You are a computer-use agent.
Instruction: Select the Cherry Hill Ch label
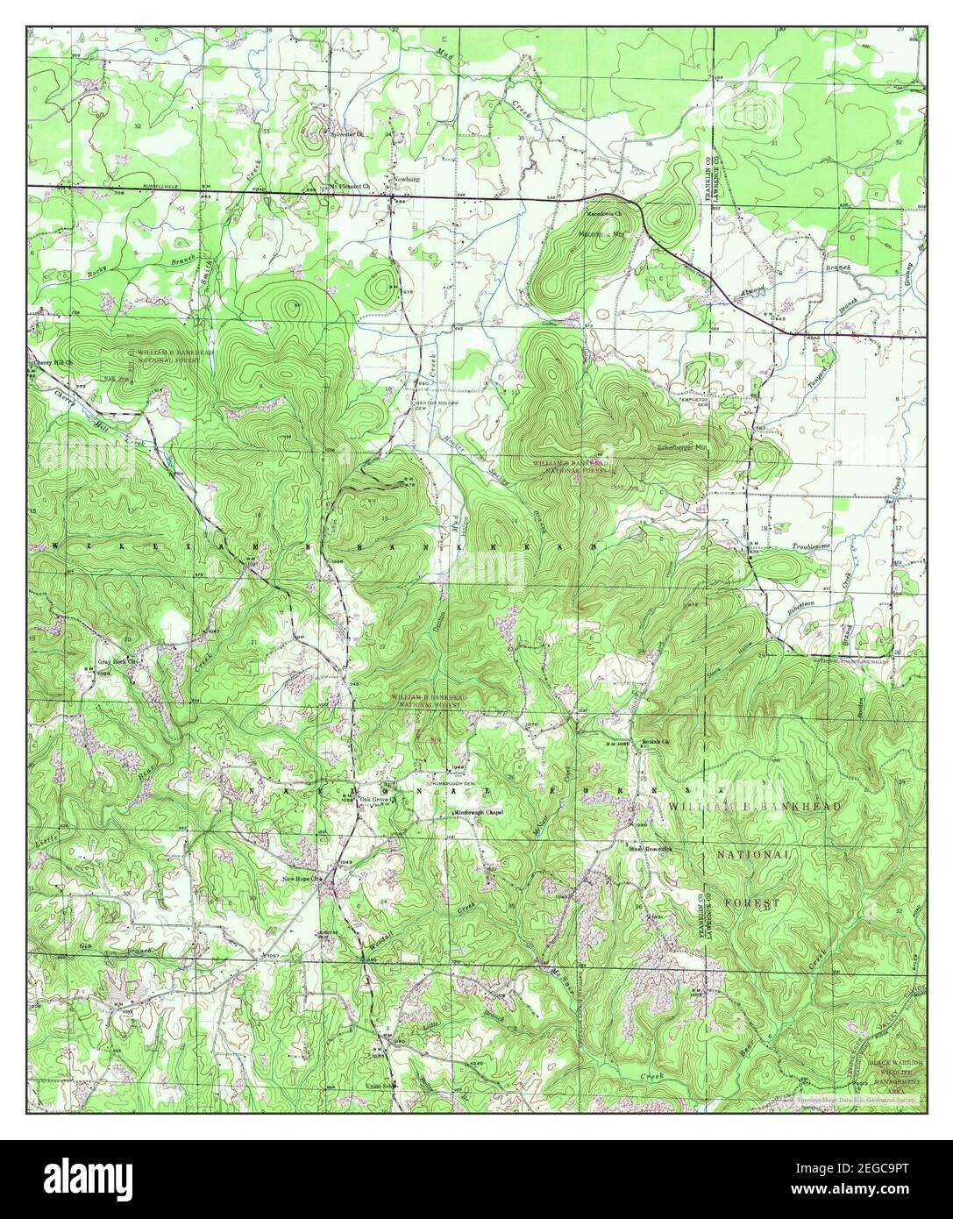tap(53, 362)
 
